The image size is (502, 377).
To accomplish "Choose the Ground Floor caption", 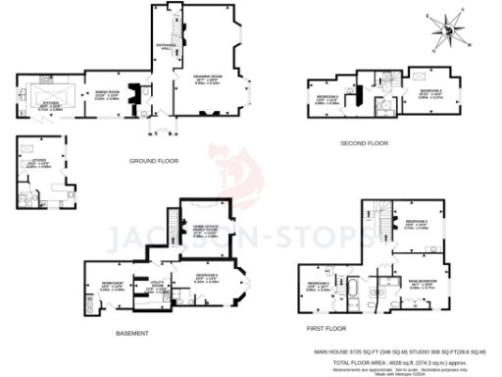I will pyautogui.click(x=151, y=160).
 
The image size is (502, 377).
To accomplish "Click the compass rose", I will pyautogui.click(x=448, y=29).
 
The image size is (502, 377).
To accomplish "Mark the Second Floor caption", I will pyautogui.click(x=361, y=143).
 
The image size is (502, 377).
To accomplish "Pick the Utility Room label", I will pyautogui.click(x=153, y=288).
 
